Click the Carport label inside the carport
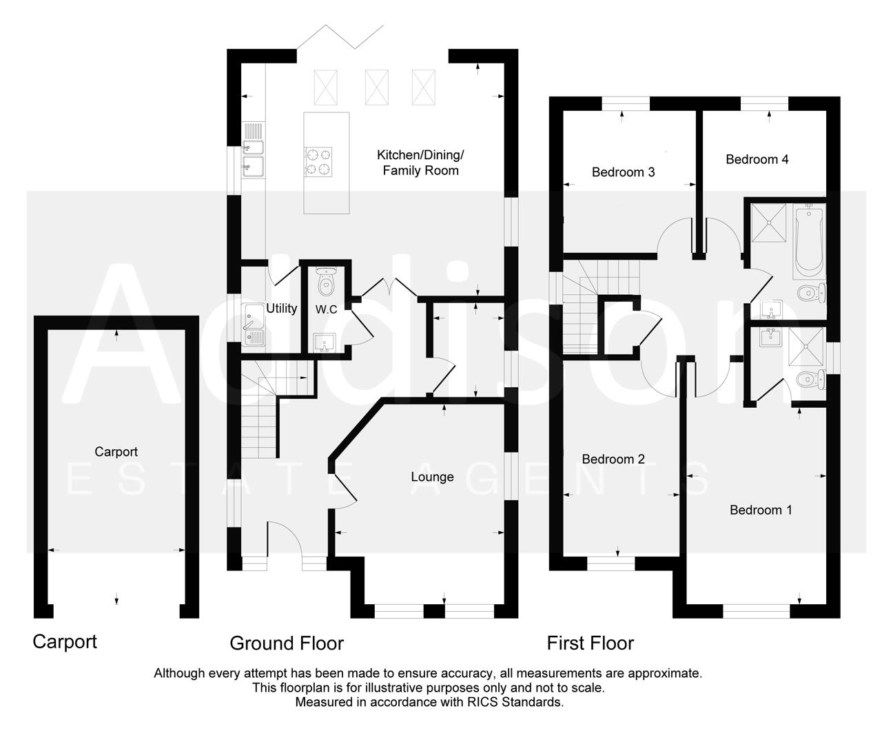tap(116, 452)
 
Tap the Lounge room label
tap(432, 477)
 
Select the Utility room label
tap(281, 308)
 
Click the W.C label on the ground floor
tap(327, 309)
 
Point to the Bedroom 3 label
tap(623, 172)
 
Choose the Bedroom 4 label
tap(757, 159)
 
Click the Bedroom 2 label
tap(613, 459)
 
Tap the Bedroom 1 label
tap(761, 510)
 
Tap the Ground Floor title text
tap(286, 643)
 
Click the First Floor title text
tap(590, 643)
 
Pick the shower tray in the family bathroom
tap(768, 223)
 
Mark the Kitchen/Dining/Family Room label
tap(420, 163)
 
